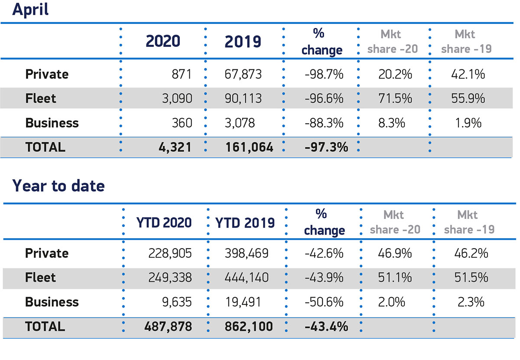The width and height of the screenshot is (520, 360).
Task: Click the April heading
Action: (x=30, y=10)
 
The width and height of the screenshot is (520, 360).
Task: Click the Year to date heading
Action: (x=58, y=186)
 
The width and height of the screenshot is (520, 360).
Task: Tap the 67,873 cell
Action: (x=243, y=75)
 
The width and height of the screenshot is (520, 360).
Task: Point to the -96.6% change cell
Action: (x=324, y=99)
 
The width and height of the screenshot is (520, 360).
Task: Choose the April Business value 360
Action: (x=182, y=123)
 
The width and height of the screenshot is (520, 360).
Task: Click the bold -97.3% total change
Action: (x=326, y=147)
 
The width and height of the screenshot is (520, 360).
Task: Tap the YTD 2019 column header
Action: (x=246, y=223)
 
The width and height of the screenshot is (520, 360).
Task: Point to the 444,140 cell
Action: (x=243, y=278)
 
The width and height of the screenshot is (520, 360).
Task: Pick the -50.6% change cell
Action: (x=324, y=302)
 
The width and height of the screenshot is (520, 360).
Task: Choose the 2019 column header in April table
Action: (x=243, y=42)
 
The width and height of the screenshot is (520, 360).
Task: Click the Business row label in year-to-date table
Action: (x=52, y=302)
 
